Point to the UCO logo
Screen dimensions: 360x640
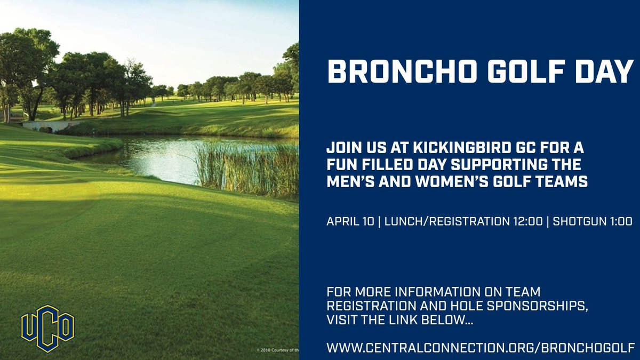(47, 329)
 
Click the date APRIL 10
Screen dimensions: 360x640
(351, 222)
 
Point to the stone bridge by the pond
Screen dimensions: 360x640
(45, 126)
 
